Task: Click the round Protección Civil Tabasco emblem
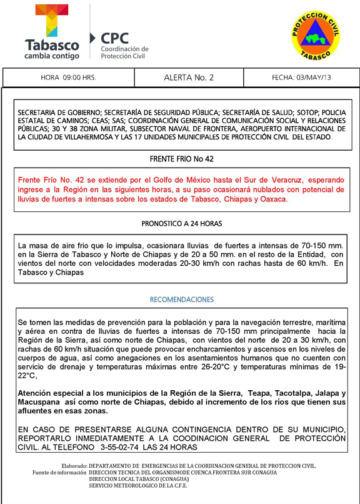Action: click(315, 37)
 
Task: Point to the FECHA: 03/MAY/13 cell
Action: click(301, 78)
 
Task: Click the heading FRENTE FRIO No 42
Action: click(181, 159)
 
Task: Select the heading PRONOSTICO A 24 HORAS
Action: click(181, 223)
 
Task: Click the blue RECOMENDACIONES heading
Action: click(181, 300)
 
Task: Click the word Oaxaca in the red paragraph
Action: click(272, 199)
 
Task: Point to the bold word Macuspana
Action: click(41, 401)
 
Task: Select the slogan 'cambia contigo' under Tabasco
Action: click(52, 56)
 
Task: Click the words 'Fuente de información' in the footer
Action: click(60, 472)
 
